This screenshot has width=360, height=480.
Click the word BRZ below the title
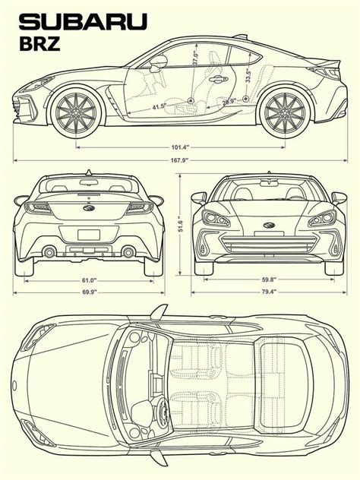point(39,44)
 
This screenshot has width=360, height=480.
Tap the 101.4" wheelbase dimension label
point(180,147)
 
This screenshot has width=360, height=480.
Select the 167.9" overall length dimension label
point(179,160)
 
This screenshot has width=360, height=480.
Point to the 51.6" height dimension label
point(181,226)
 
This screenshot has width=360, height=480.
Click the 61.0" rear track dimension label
point(89,280)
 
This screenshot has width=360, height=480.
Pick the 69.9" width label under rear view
point(89,292)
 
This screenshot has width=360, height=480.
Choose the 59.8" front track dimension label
point(269,279)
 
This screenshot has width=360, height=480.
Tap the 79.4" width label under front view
point(269,292)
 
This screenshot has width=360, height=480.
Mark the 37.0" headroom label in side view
point(196,58)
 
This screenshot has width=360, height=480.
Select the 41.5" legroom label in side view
point(159,107)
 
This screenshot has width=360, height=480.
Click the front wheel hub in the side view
point(76,112)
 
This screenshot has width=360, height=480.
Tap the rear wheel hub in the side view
point(285,112)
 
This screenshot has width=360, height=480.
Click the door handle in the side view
point(218,79)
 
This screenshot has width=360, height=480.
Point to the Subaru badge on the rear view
point(89,208)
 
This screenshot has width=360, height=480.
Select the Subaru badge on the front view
point(269,226)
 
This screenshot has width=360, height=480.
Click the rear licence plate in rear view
point(89,235)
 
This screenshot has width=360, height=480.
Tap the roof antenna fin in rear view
point(89,172)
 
